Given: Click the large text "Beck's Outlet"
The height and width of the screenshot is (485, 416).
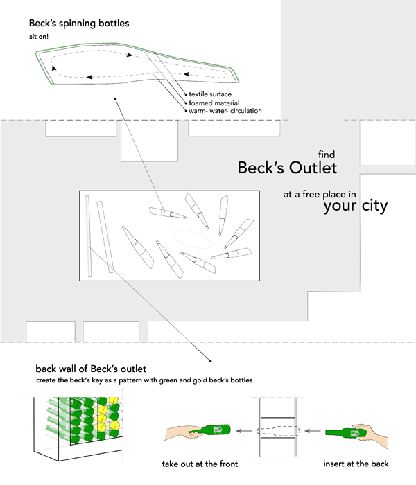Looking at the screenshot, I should [x=287, y=168].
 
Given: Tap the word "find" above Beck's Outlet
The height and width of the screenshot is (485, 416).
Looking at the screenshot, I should [x=327, y=155].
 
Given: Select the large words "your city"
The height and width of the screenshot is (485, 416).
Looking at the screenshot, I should [x=355, y=206].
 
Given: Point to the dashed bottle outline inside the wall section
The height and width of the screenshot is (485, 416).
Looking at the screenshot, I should [x=279, y=431].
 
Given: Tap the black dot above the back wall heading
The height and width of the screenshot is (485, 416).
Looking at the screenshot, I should [x=210, y=360].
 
